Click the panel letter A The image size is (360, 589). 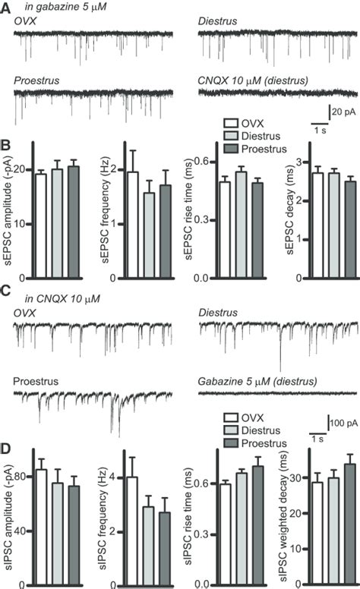click(x=5, y=7)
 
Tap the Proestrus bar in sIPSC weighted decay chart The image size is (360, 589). click(x=328, y=524)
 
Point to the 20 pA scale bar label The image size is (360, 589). click(x=343, y=114)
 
